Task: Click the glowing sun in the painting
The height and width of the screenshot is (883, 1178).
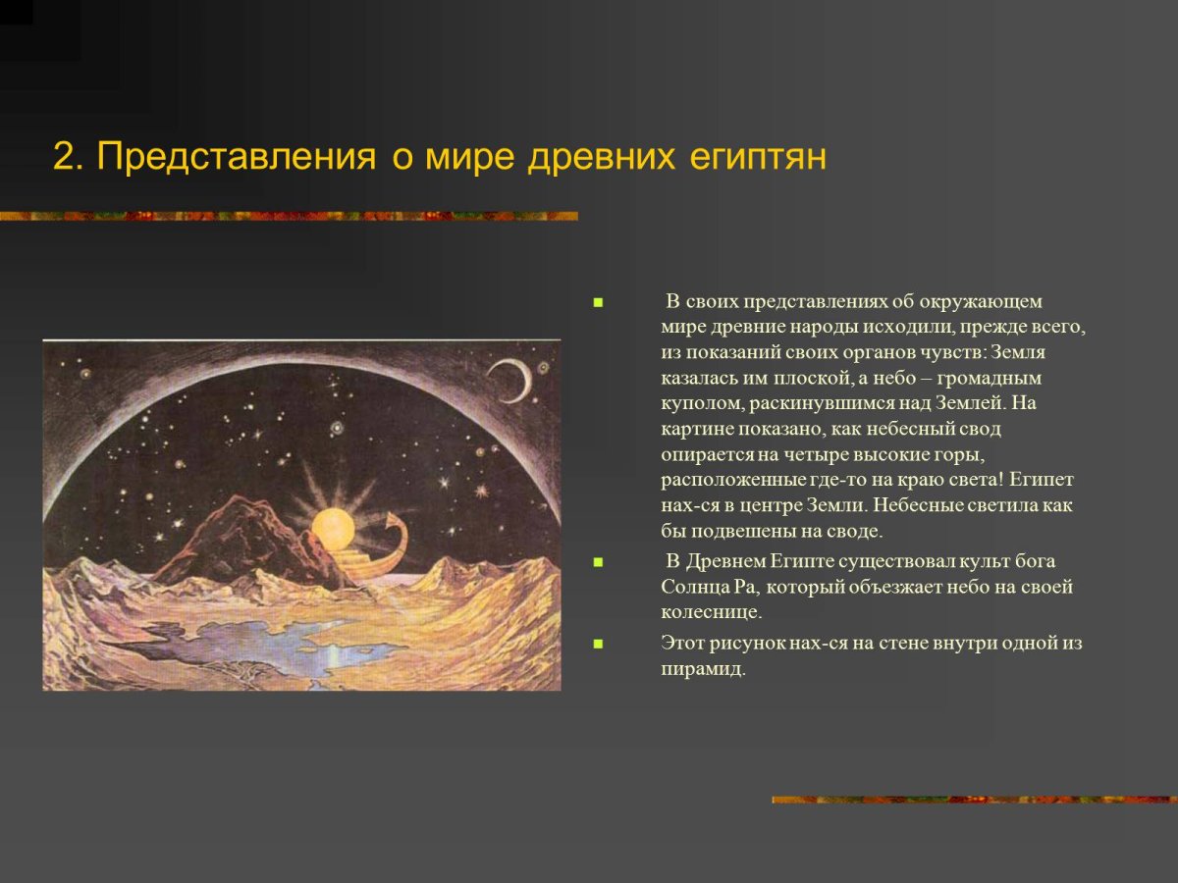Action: [333, 529]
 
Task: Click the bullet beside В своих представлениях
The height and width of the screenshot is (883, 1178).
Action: [596, 302]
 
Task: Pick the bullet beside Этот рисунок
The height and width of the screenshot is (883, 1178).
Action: [596, 645]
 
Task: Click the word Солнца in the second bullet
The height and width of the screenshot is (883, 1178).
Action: [699, 587]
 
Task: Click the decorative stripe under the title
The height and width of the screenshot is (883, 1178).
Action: [289, 216]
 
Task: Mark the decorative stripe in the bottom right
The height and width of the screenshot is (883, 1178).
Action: [974, 800]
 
